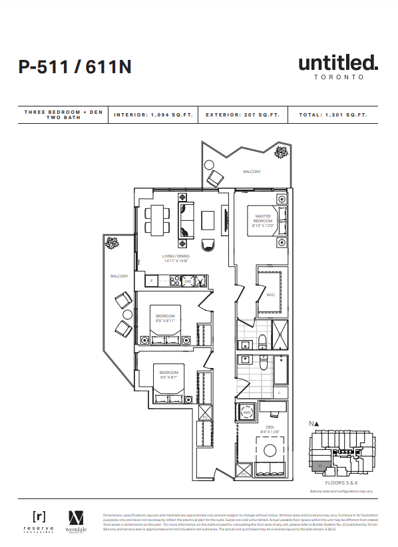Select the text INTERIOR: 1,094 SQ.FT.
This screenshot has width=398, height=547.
154,114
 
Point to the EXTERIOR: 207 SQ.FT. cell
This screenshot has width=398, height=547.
243,114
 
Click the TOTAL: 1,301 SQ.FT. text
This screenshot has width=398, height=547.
333,114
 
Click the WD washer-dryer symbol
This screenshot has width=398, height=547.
247,413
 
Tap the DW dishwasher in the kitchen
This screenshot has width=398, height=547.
188,281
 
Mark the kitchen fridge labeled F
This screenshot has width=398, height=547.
152,281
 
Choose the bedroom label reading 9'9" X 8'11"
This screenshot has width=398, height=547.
166,318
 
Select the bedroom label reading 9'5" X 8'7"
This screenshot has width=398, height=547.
168,375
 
